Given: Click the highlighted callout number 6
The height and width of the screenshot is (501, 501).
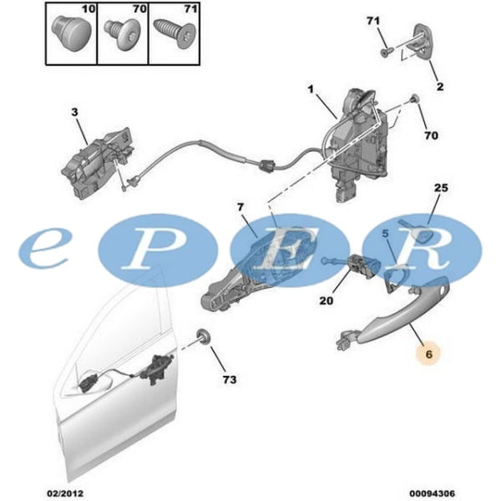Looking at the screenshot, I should [428, 354].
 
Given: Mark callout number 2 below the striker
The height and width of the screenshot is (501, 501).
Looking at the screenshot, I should [440, 86].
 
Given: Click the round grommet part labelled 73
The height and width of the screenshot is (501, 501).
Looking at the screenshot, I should [202, 338].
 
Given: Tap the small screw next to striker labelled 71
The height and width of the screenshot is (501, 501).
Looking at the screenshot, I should [382, 53].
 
